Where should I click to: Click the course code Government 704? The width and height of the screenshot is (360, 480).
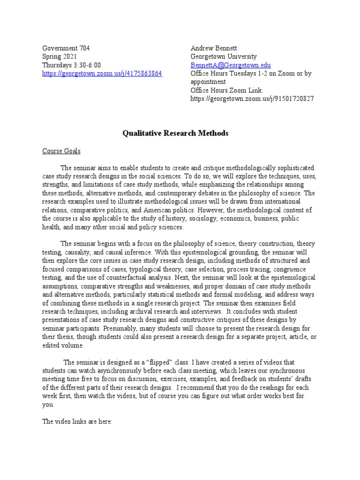coord(66,48)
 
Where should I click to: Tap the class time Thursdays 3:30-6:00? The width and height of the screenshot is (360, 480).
coord(72,65)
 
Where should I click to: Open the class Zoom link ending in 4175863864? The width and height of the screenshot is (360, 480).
coord(102,74)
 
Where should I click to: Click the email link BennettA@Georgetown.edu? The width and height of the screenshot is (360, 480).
coord(231,65)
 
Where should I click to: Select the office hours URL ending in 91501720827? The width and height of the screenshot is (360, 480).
coord(252,98)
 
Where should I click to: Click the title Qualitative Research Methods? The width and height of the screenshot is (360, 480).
coord(175,134)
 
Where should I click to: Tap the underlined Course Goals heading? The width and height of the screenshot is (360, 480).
coord(61,151)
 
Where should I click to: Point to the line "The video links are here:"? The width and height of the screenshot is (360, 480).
coord(77,421)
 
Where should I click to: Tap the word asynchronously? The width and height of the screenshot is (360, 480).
coord(118,371)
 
